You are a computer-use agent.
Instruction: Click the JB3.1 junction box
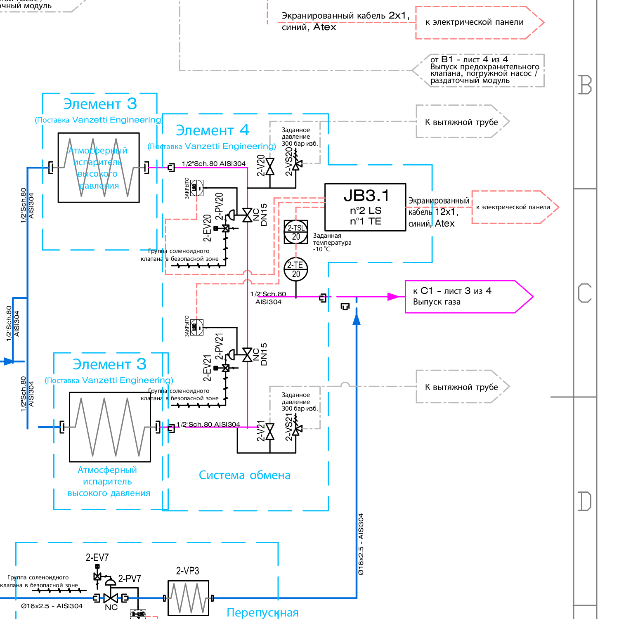pos(365,207)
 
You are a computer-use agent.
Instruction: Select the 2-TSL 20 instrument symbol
pos(296,232)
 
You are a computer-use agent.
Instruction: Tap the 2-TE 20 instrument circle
pos(296,269)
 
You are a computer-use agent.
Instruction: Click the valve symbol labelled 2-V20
pos(270,167)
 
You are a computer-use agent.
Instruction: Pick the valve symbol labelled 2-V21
pos(270,432)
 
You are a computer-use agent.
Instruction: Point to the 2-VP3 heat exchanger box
pos(188,598)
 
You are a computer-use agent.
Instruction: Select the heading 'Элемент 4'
pos(213,130)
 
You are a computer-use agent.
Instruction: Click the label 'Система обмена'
pos(244,475)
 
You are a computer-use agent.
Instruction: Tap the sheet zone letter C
pos(585,293)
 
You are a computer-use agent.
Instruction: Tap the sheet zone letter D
pos(585,501)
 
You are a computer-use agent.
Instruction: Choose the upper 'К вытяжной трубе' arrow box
pos(461,122)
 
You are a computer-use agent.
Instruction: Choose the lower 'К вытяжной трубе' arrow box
pos(461,387)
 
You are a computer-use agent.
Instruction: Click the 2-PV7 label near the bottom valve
pos(130,579)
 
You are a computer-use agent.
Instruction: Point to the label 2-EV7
pos(97,558)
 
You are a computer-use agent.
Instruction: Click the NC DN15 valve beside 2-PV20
pos(247,215)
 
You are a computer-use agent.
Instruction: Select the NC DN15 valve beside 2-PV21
pos(247,355)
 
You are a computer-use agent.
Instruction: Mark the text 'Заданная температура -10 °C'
pos(332,242)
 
